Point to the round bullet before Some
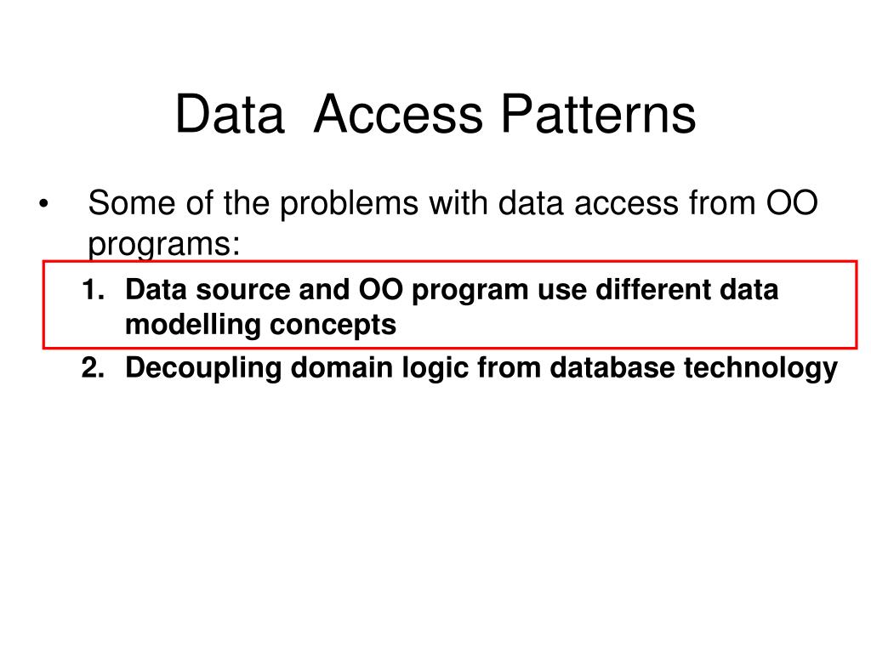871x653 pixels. click(x=43, y=206)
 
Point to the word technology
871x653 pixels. click(x=763, y=368)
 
